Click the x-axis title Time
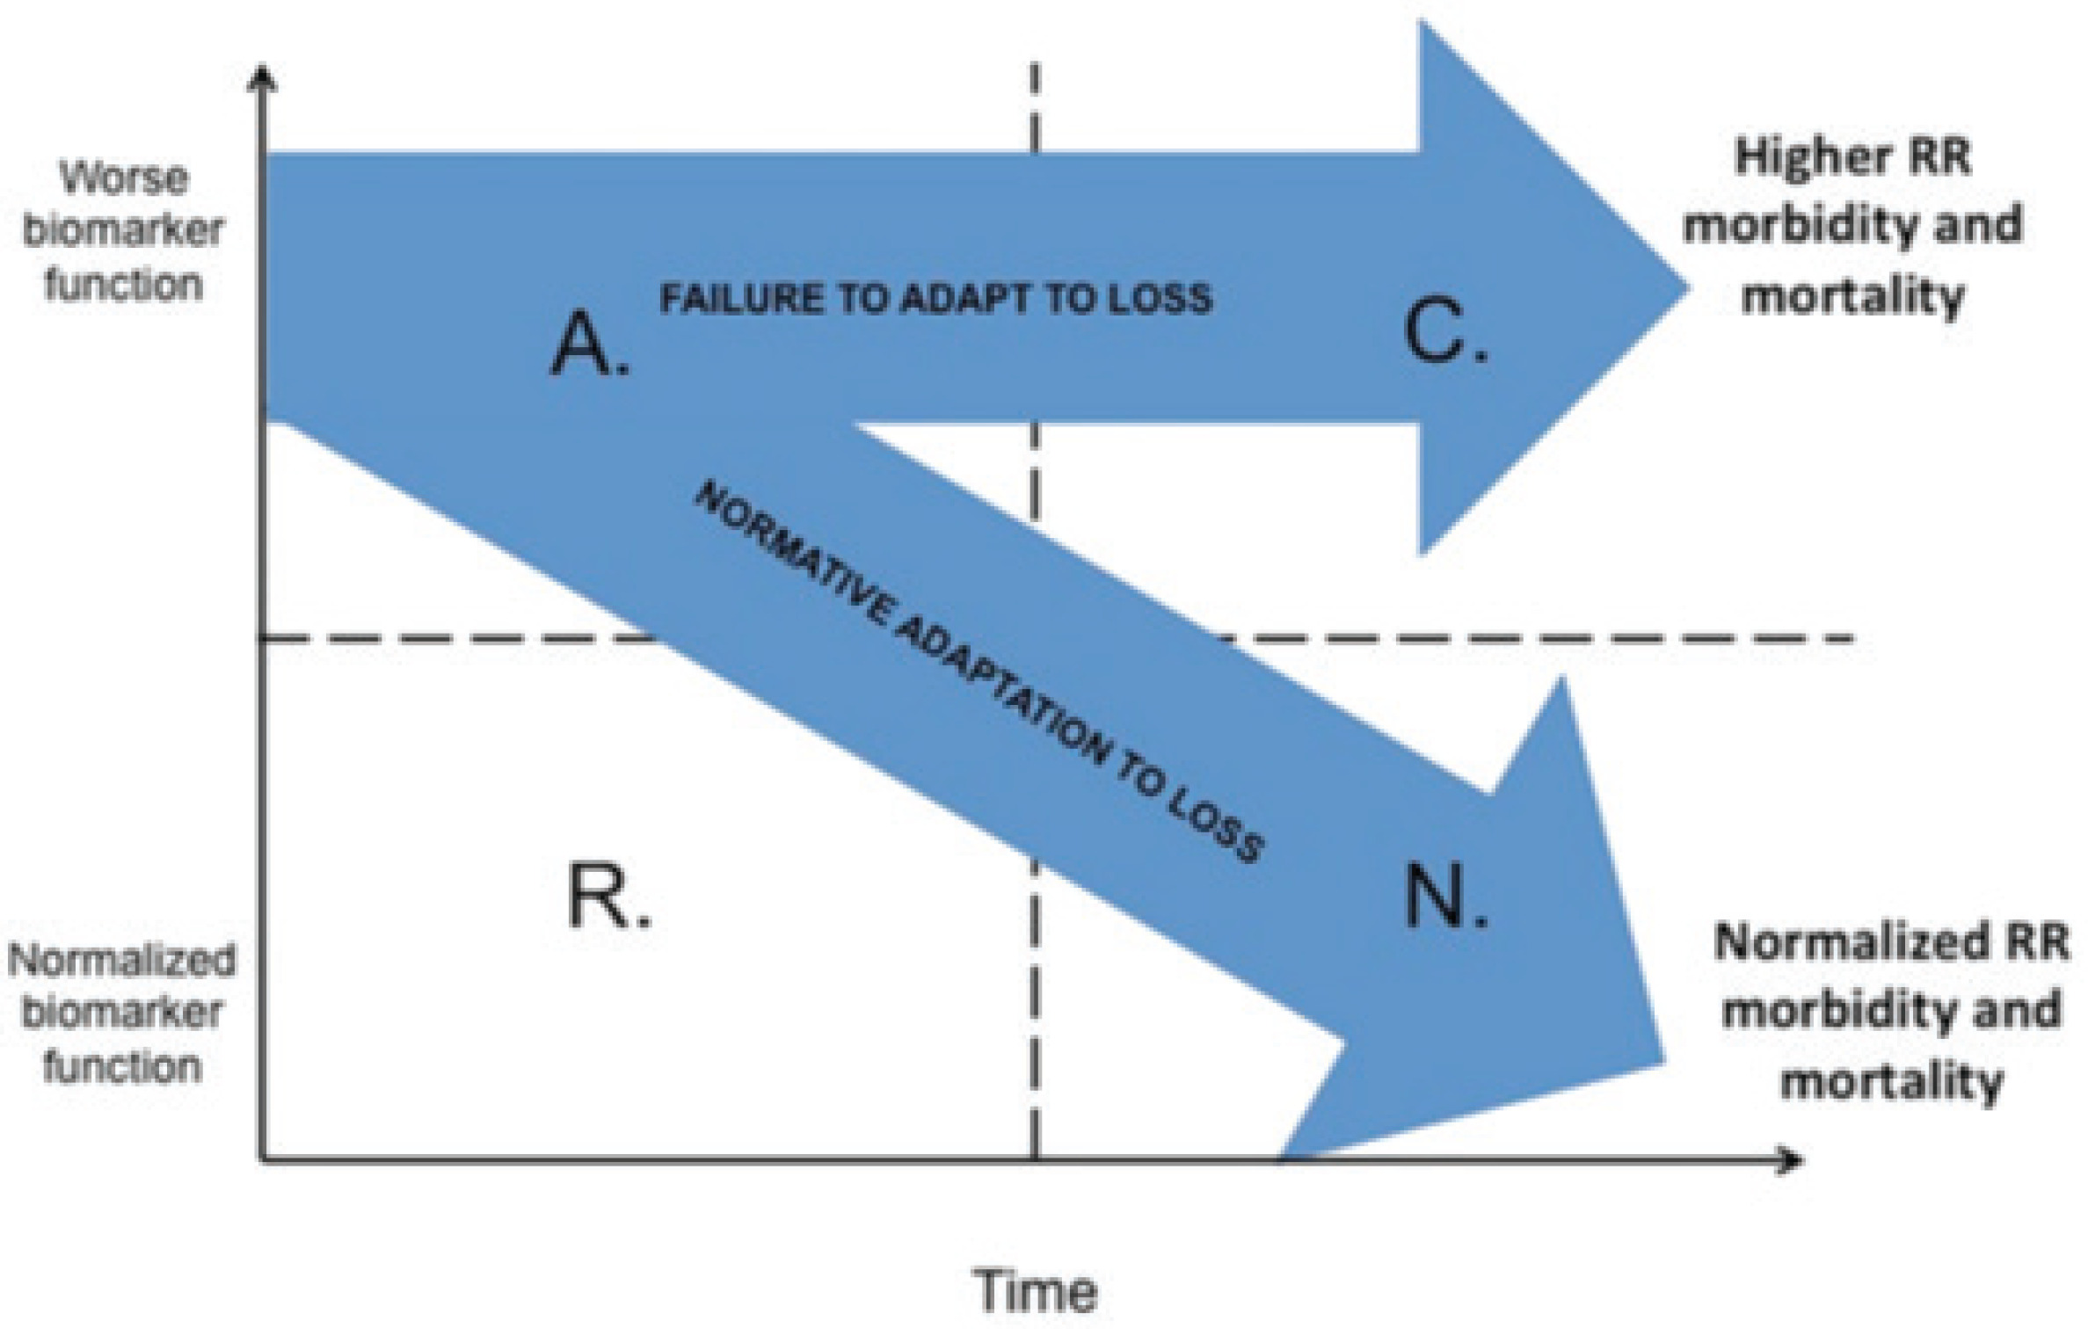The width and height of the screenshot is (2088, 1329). (x=1037, y=1290)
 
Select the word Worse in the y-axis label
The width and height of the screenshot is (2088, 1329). (x=124, y=178)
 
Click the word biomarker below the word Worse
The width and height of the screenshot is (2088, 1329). (x=124, y=231)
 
